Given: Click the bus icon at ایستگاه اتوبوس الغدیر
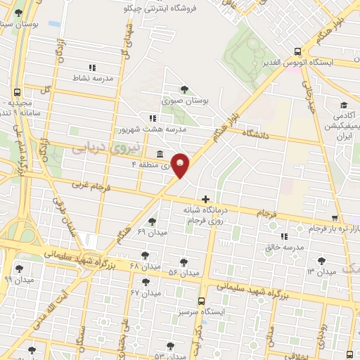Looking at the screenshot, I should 297,52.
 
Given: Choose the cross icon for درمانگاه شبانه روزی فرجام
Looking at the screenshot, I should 205,200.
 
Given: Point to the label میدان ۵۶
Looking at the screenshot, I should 186,272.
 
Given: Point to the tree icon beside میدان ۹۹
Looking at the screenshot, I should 19,268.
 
